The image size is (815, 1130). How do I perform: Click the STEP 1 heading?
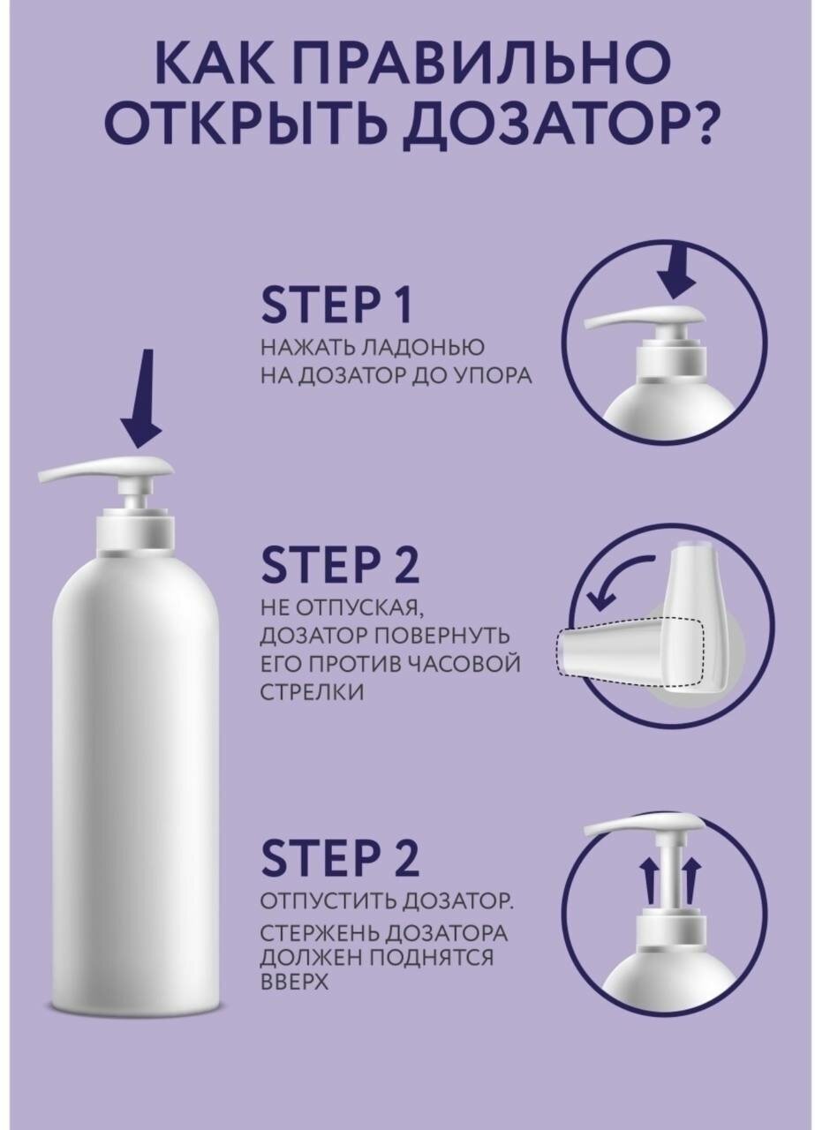pyautogui.click(x=336, y=305)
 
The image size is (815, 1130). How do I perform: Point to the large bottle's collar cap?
pyautogui.click(x=135, y=532)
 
